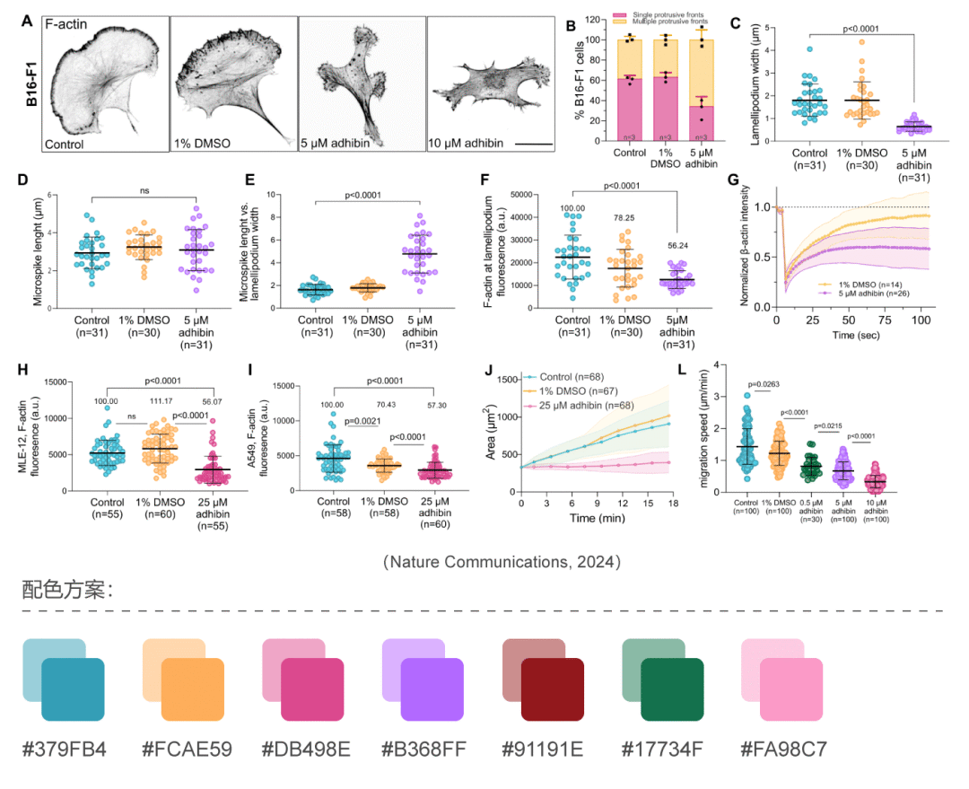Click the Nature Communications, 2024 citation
(502, 562)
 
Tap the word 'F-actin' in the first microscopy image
(68, 25)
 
